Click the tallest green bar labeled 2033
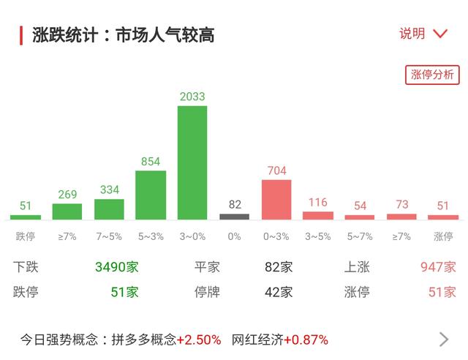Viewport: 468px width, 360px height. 192,162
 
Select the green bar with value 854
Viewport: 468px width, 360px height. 151,195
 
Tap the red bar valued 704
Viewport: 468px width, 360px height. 276,199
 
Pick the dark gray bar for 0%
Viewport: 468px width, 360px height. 234,217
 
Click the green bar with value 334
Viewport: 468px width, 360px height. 109,209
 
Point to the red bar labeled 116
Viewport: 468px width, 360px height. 318,215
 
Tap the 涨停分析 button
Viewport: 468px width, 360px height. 432,75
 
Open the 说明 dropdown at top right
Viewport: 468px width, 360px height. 423,34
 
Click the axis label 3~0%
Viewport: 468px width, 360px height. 192,236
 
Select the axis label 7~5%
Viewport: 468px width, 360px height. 109,236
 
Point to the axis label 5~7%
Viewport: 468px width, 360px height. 360,236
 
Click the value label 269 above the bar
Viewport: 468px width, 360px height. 67,194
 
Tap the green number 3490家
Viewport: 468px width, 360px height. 116,267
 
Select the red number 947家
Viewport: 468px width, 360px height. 438,267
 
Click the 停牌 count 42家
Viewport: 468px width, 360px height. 279,292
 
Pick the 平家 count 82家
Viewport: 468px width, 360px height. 279,267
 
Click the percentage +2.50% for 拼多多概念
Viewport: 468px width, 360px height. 198,340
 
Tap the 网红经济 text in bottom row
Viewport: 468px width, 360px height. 257,340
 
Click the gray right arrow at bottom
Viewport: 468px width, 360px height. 444,339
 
